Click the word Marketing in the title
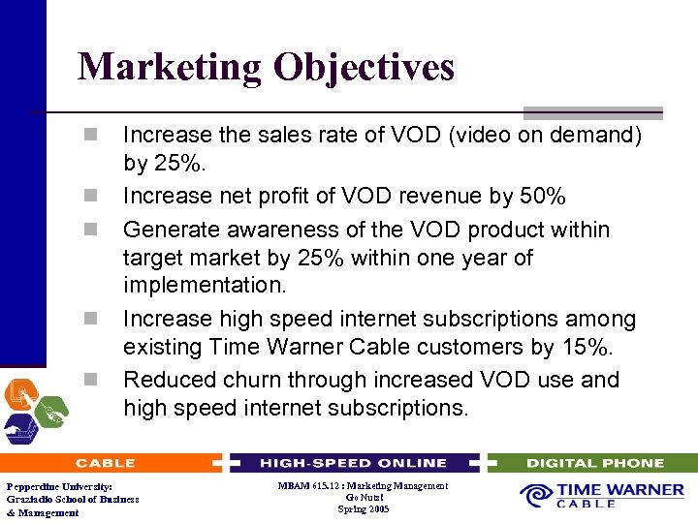click(170, 67)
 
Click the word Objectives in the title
click(364, 67)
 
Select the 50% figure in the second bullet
click(543, 196)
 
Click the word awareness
click(268, 231)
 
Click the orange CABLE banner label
click(106, 463)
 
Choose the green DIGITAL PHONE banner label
click(594, 463)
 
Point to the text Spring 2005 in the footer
click(364, 509)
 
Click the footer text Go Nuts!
click(364, 498)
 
